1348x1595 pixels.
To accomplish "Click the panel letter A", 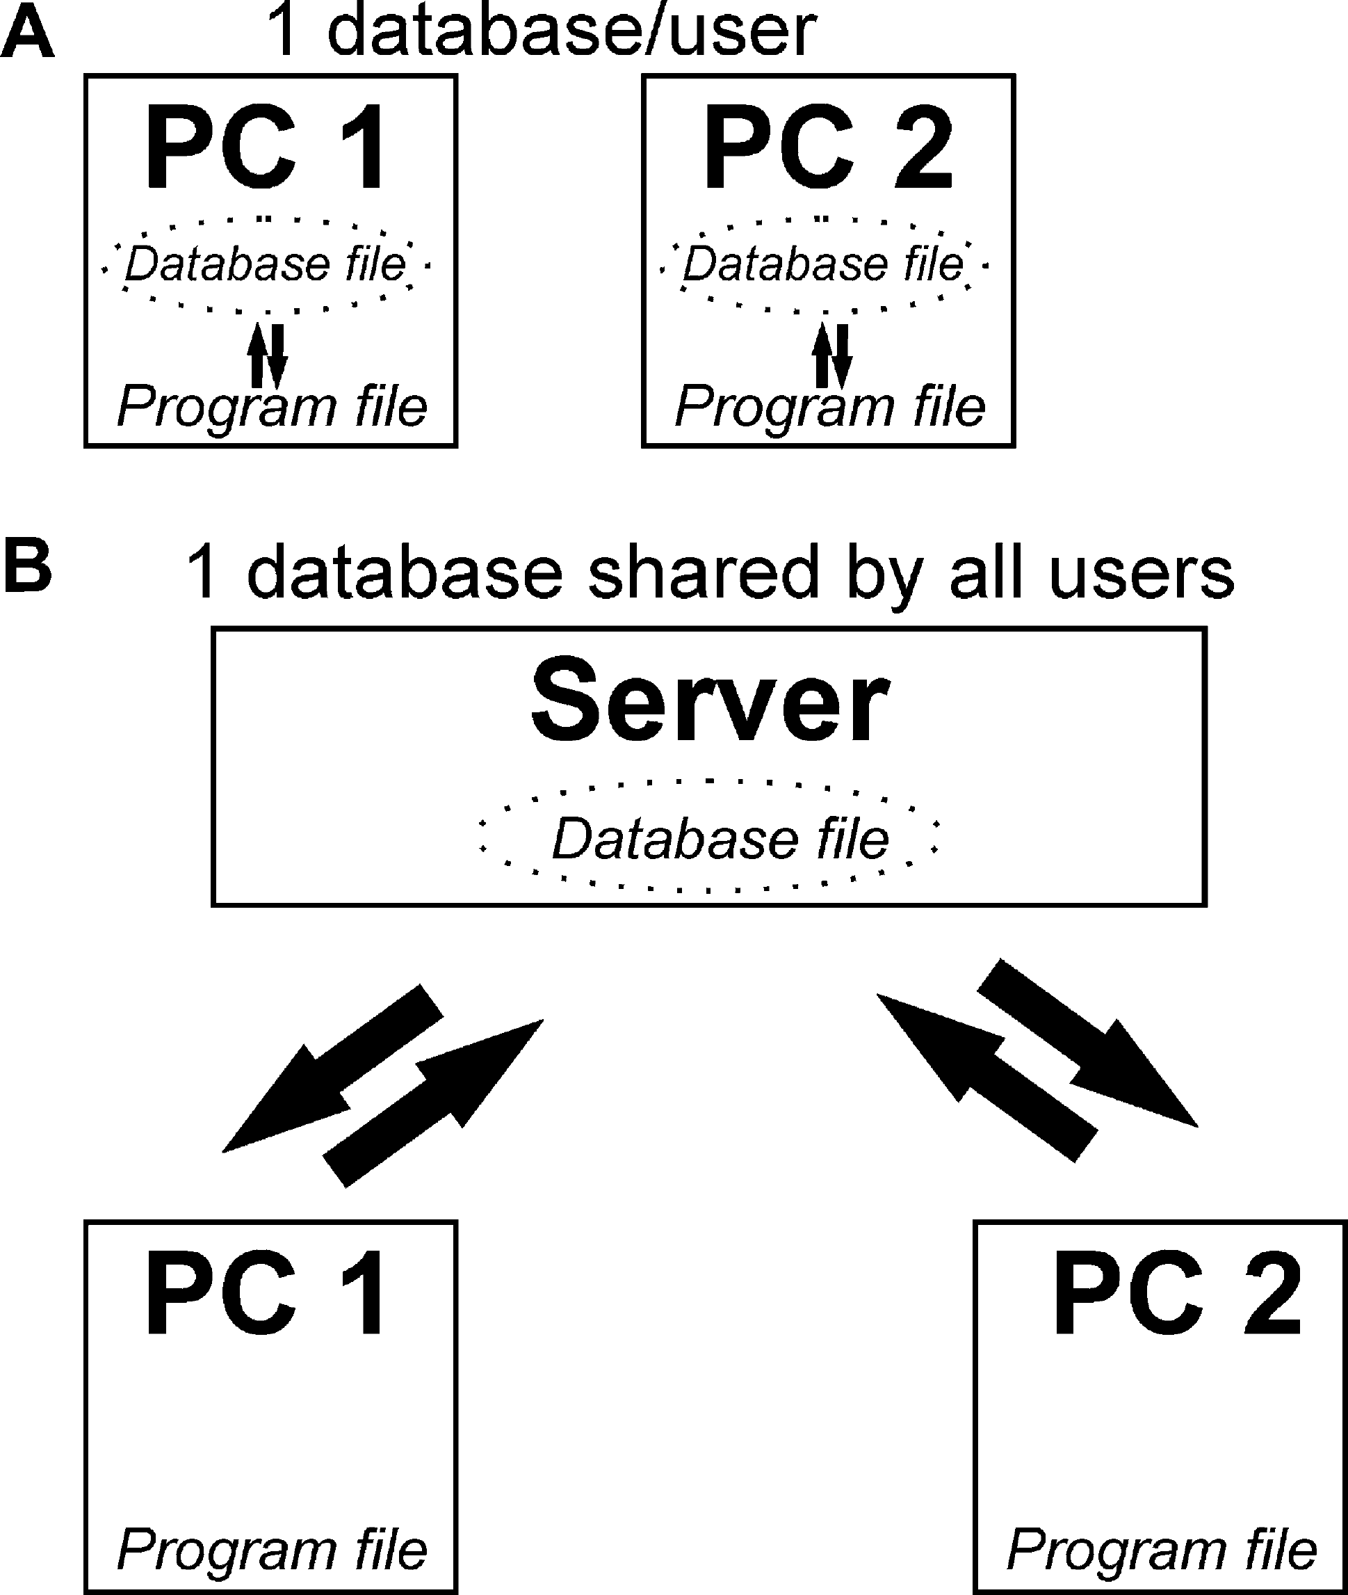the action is point(28,34).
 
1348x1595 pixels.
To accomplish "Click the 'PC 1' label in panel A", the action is point(267,147).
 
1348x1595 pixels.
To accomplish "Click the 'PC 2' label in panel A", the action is point(827,147).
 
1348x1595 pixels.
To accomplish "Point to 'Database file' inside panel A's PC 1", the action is point(265,264).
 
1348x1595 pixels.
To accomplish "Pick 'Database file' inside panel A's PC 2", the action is point(823,264).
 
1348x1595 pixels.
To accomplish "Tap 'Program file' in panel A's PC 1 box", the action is point(272,407).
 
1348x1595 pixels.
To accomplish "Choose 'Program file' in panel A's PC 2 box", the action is point(830,407).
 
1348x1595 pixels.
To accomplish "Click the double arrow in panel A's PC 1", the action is point(268,356).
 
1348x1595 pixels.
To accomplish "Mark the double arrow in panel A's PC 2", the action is point(831,356).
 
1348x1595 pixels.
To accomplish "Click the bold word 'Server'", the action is point(710,700).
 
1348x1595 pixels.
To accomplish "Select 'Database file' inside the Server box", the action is point(721,839).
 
